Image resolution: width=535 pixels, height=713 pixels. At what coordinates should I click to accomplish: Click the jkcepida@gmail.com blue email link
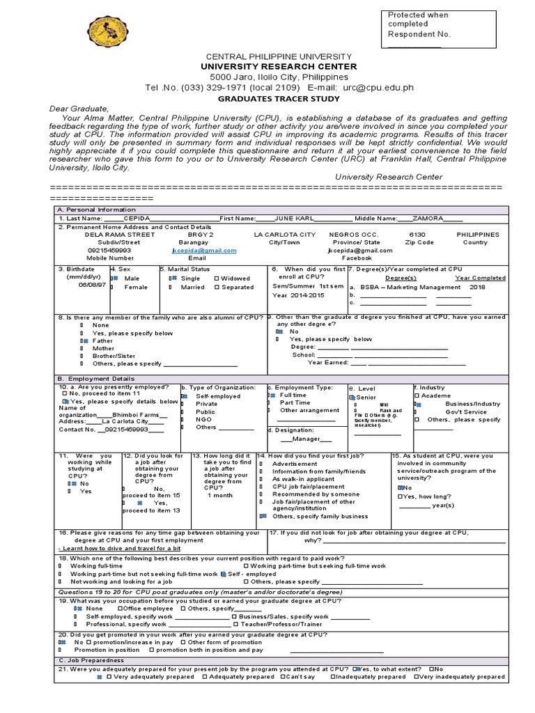[x=203, y=250]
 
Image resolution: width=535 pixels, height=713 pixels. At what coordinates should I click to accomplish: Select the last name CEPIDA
[x=137, y=218]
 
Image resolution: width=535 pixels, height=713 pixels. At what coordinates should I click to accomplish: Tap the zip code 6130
[x=417, y=235]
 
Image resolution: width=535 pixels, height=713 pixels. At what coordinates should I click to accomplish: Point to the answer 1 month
[x=219, y=495]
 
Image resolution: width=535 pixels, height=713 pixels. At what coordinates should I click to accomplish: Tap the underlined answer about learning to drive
[x=119, y=549]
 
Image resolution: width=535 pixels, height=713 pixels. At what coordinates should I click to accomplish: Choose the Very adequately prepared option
[x=150, y=676]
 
